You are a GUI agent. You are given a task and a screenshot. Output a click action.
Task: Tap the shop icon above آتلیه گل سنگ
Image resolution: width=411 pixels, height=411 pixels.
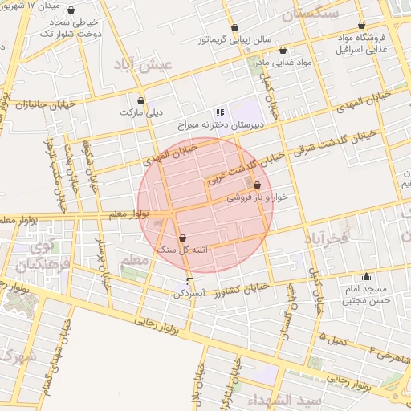point(184,238)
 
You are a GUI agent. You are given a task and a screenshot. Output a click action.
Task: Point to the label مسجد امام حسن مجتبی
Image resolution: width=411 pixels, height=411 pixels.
point(366,295)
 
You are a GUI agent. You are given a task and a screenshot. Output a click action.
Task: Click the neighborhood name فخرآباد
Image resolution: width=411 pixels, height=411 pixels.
point(326,238)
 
